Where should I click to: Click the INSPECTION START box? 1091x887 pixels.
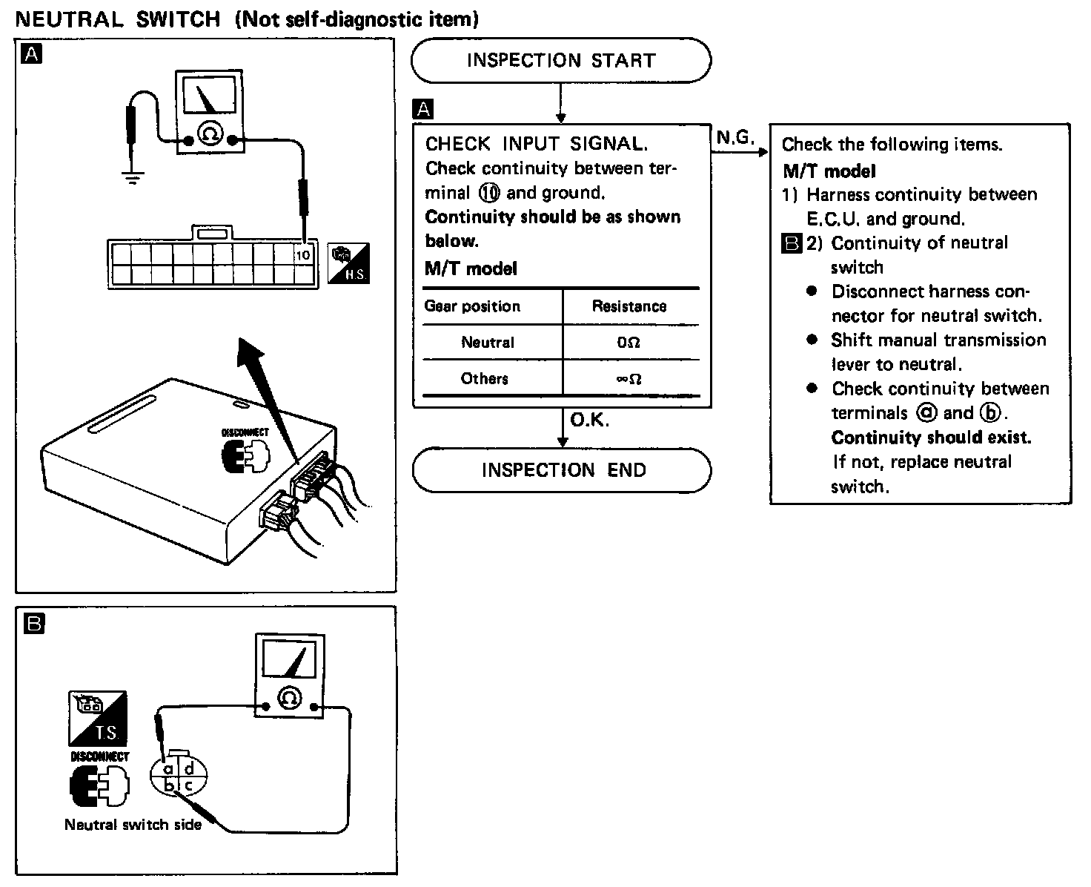pyautogui.click(x=560, y=60)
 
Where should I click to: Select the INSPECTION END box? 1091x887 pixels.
pyautogui.click(x=562, y=470)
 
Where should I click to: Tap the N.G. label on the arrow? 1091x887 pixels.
pyautogui.click(x=734, y=138)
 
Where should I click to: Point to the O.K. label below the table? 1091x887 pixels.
pyautogui.click(x=589, y=421)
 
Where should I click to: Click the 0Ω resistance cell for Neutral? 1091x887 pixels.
pyautogui.click(x=629, y=343)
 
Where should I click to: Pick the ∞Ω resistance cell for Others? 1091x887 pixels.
pyautogui.click(x=629, y=379)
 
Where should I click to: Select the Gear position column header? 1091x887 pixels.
pyautogui.click(x=472, y=306)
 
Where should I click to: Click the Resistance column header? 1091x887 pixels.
pyautogui.click(x=629, y=306)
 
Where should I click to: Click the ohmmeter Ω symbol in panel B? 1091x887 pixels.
pyautogui.click(x=289, y=698)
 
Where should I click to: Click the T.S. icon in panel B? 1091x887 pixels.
pyautogui.click(x=97, y=718)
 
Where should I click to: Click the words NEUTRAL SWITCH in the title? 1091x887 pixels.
pyautogui.click(x=118, y=19)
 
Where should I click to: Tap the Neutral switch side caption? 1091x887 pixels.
pyautogui.click(x=133, y=824)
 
